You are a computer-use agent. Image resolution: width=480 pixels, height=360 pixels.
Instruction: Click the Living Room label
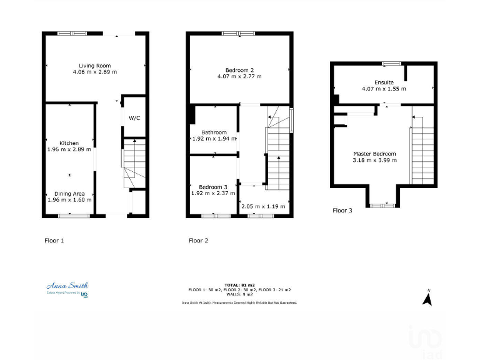pyautogui.click(x=94, y=66)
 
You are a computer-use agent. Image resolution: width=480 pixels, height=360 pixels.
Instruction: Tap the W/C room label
pyautogui.click(x=134, y=118)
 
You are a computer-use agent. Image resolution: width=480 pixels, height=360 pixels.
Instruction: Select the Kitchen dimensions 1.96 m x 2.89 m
pyautogui.click(x=69, y=150)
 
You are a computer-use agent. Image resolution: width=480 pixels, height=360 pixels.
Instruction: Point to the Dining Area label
pyautogui.click(x=69, y=193)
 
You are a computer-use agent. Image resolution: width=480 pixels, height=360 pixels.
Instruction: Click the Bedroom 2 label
pyautogui.click(x=239, y=70)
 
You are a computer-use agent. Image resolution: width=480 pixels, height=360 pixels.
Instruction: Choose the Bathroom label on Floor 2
pyautogui.click(x=214, y=132)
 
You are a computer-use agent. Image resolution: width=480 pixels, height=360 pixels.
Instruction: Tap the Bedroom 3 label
pyautogui.click(x=213, y=187)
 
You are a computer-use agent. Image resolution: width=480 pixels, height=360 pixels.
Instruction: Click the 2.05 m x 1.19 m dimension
pyautogui.click(x=262, y=206)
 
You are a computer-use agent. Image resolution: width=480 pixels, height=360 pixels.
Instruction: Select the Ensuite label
pyautogui.click(x=384, y=82)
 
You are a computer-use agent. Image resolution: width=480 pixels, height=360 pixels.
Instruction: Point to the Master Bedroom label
pyautogui.click(x=374, y=154)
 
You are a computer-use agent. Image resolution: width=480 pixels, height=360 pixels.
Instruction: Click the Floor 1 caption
pyautogui.click(x=54, y=240)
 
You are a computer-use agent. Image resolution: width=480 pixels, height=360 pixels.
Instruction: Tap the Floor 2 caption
pyautogui.click(x=198, y=240)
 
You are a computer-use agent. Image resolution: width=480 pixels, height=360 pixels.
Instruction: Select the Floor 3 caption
pyautogui.click(x=342, y=211)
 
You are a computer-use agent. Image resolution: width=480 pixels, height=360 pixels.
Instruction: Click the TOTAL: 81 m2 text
pyautogui.click(x=239, y=285)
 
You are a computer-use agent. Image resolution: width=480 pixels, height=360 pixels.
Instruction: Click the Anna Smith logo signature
pyautogui.click(x=67, y=286)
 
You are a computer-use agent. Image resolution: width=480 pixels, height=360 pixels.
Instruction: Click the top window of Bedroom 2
pyautogui.click(x=238, y=33)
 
